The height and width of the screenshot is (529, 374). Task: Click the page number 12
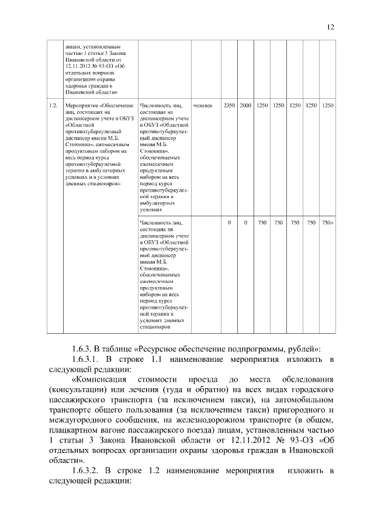click(x=331, y=27)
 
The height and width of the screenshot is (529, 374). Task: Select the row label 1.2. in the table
click(x=53, y=105)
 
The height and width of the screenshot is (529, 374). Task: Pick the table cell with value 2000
click(x=245, y=105)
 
